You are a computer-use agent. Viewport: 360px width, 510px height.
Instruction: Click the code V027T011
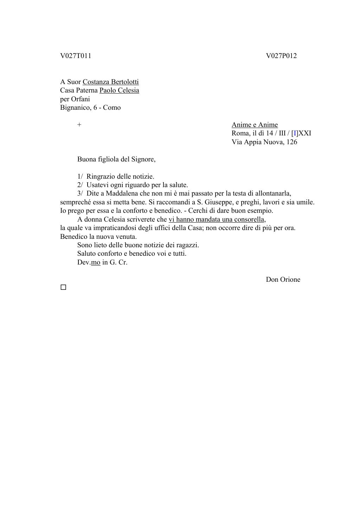click(x=76, y=56)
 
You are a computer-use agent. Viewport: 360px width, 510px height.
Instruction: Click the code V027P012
click(x=281, y=56)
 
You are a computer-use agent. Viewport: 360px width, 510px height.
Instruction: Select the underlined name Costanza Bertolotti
click(x=111, y=82)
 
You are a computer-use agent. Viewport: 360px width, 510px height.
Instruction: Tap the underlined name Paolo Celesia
click(x=119, y=90)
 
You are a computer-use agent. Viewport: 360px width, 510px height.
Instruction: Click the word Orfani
click(x=81, y=99)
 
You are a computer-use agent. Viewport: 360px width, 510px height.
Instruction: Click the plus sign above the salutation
click(x=79, y=125)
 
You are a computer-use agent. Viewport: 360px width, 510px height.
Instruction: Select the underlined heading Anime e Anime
click(x=255, y=125)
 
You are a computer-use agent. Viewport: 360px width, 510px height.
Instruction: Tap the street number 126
click(x=292, y=142)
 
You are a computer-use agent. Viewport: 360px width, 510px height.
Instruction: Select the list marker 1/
click(x=80, y=177)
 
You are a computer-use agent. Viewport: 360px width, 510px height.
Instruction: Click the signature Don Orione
click(x=283, y=280)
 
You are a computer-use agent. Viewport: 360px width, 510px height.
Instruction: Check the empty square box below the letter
click(x=63, y=287)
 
